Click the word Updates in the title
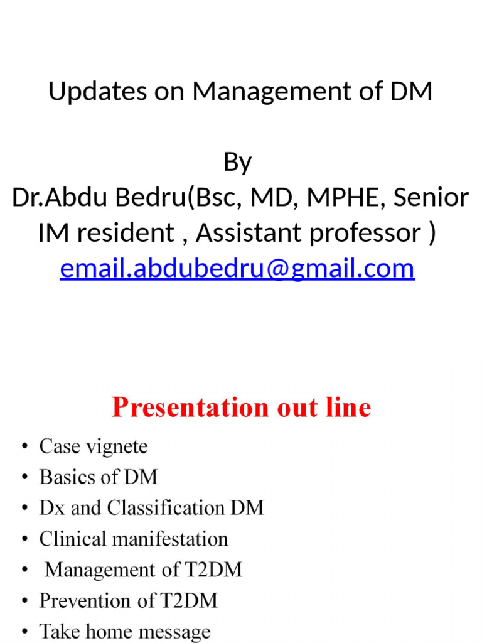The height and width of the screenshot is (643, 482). point(85,92)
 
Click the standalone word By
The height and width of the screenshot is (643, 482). point(237,163)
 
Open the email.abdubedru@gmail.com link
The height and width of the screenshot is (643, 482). point(237,269)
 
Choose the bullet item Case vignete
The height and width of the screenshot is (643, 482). point(94,447)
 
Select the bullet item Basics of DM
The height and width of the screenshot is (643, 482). point(99,477)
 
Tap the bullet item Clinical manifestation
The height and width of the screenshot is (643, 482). point(134,539)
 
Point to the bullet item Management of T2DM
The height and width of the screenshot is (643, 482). point(144,570)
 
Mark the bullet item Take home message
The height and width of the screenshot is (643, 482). point(125,631)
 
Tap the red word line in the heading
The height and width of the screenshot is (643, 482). point(345,408)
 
